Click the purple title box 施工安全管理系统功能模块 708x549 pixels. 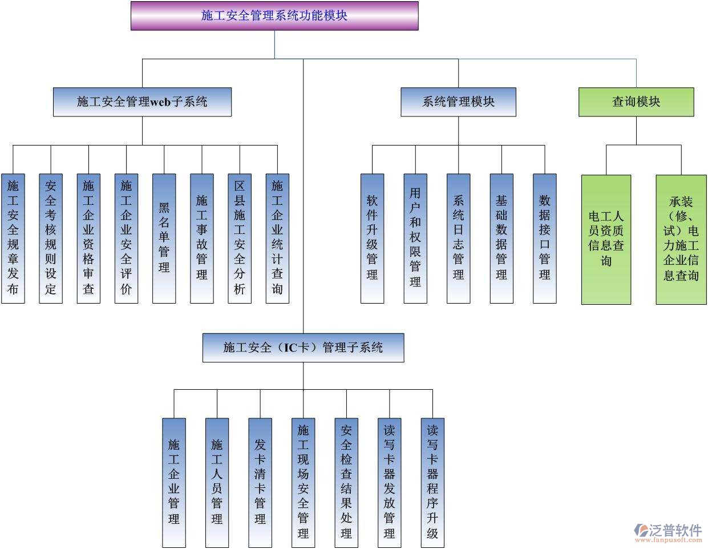274,15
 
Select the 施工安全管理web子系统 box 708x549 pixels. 142,102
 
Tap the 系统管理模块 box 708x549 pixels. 458,102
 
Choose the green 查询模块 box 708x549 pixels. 636,102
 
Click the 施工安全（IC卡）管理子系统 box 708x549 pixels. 303,348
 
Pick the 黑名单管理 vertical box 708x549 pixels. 164,238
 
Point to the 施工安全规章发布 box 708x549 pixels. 13,238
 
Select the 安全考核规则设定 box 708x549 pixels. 51,238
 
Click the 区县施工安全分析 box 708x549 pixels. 240,238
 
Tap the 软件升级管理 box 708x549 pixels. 372,238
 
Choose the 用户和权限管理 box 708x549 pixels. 415,238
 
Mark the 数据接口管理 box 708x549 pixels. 544,238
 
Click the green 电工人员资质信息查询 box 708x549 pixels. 606,239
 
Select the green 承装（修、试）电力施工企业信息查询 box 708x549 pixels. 681,239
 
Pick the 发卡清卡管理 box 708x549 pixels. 260,482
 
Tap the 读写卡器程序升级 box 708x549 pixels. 432,482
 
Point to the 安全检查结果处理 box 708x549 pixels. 346,482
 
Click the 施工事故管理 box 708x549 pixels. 202,238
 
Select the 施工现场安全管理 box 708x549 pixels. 303,482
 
